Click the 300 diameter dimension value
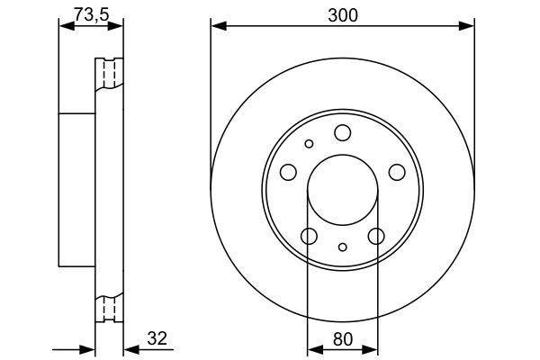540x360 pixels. point(342,14)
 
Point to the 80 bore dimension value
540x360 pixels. point(342,338)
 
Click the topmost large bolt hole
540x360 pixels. point(342,133)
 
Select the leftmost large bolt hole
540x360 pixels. point(288,173)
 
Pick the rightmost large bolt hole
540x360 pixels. point(396,173)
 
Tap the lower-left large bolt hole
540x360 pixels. point(309,236)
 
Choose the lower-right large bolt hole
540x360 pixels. point(375,236)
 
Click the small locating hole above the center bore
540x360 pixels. point(309,143)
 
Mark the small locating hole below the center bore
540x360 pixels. point(342,247)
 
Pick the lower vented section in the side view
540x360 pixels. point(110,308)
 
